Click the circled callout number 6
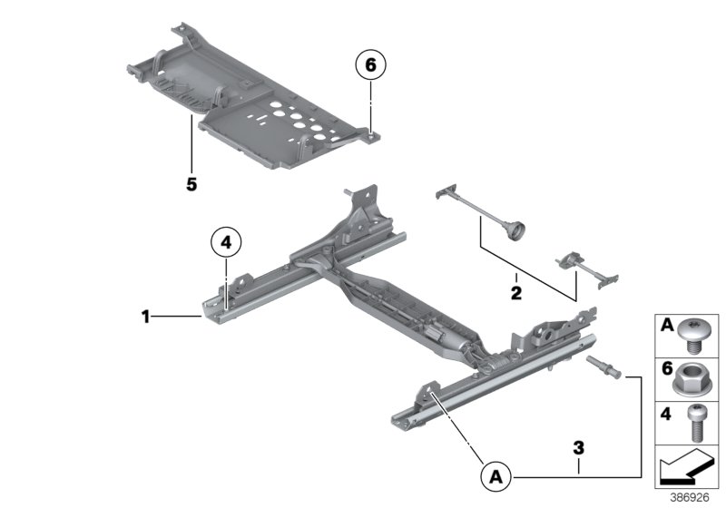click(x=370, y=65)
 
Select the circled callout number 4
click(x=226, y=242)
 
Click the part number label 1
click(x=144, y=317)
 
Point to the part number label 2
click(x=515, y=292)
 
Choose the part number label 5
click(x=191, y=184)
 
